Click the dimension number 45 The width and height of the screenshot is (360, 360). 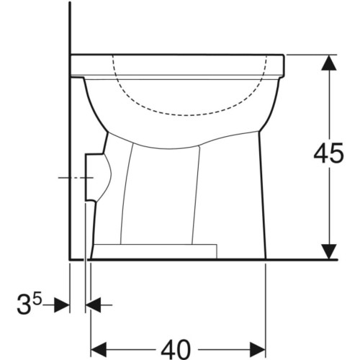click(328, 153)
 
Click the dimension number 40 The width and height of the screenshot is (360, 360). click(176, 349)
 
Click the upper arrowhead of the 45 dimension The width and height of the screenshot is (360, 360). click(328, 63)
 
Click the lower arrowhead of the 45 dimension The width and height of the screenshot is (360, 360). click(328, 252)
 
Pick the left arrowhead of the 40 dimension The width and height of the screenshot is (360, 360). click(99, 349)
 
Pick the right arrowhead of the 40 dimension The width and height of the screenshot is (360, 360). click(258, 349)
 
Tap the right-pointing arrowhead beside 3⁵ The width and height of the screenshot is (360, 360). click(62, 305)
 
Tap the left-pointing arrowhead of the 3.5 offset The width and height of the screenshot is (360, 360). click(94, 305)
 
